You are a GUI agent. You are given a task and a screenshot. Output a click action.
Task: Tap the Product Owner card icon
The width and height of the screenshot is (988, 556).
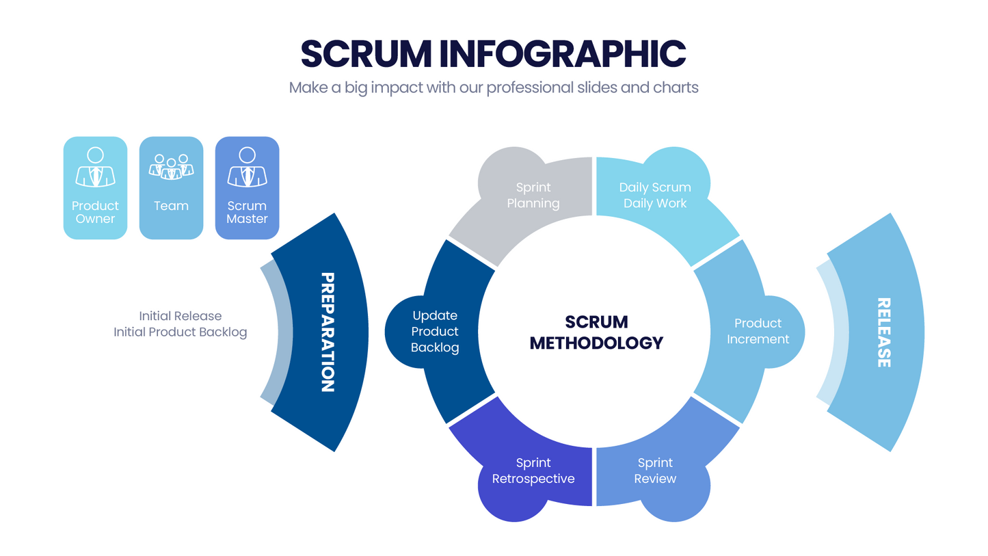click(x=95, y=167)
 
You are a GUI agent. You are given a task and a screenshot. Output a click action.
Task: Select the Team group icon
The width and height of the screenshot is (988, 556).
click(x=171, y=167)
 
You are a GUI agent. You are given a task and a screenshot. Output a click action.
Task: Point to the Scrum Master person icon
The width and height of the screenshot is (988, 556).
click(x=247, y=167)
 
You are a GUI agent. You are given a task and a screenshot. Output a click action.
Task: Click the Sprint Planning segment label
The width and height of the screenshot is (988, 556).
click(x=533, y=195)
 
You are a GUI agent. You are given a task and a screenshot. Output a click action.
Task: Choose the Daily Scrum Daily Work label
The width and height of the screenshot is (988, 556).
click(x=655, y=195)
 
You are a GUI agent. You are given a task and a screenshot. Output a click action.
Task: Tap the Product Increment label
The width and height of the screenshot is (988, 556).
click(x=758, y=331)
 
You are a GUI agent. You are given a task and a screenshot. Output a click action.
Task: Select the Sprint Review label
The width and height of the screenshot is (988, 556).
click(x=655, y=471)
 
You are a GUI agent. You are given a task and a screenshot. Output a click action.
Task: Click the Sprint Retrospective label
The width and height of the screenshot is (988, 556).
click(x=533, y=471)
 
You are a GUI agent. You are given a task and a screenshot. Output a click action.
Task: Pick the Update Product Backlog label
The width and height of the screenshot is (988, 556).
click(x=435, y=332)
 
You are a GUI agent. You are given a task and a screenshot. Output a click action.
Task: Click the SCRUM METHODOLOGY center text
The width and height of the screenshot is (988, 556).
click(x=596, y=332)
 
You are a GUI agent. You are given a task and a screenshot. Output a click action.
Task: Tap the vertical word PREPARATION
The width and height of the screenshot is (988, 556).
click(x=328, y=332)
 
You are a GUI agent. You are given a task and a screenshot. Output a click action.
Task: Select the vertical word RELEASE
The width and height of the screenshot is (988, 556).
click(x=883, y=332)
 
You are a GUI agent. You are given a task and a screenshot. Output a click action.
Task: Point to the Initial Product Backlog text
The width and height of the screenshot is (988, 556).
click(x=180, y=332)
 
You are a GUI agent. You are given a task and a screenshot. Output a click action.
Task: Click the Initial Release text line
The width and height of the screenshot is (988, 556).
click(x=180, y=316)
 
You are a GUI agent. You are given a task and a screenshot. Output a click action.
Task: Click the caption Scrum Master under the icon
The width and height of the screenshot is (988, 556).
click(x=247, y=212)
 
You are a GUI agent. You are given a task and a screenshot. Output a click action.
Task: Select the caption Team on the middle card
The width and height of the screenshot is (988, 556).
click(x=171, y=206)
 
